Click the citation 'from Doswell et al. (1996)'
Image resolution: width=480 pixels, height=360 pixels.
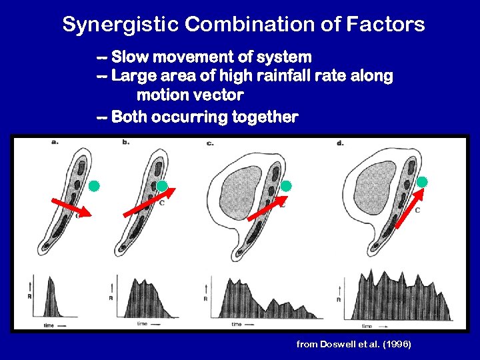(353, 344)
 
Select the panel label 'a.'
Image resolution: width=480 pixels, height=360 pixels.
(54, 141)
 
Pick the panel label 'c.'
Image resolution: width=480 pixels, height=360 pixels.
(210, 143)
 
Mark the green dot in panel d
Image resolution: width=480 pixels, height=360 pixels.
(422, 181)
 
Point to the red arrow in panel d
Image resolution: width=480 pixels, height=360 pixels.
(409, 208)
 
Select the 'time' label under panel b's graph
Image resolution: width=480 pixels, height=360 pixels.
(142, 323)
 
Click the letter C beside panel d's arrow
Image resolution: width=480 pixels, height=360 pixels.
(417, 210)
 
